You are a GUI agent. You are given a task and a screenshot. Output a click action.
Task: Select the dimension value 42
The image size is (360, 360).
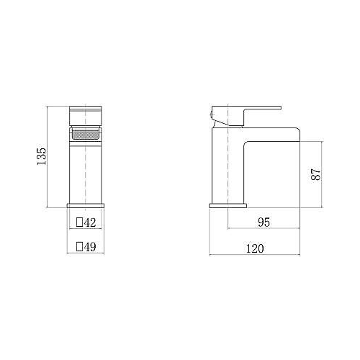pos(90,222)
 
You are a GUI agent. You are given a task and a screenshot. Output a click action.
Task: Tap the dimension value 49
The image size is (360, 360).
pos(90,246)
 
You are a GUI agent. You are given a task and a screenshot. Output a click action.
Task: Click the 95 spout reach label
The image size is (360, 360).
pos(264,222)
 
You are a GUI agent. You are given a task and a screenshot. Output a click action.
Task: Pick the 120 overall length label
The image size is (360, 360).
pos(254,248)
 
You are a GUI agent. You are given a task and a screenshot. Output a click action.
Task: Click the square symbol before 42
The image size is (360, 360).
pos(80,222)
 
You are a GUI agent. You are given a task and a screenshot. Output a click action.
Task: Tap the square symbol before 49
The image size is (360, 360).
pos(80,246)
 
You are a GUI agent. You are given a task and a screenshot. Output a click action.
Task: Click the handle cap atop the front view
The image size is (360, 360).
pos(86,116)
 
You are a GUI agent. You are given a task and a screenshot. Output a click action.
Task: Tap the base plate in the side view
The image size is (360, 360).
pos(218,207)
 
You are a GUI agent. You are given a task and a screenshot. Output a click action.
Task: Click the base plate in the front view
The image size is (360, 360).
pos(86,207)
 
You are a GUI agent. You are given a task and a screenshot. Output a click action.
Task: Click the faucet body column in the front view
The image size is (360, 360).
pos(86,169)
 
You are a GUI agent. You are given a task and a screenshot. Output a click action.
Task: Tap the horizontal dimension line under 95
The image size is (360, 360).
pos(264,230)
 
